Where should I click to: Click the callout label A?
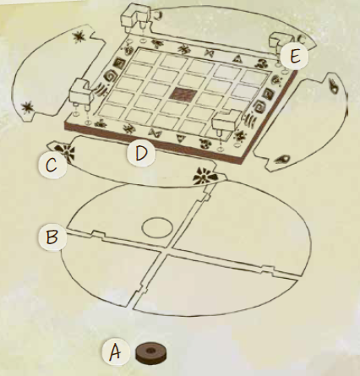[x=116, y=351]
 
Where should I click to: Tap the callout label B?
[x=52, y=237]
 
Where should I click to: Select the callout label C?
[x=52, y=165]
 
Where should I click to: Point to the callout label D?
[x=141, y=153]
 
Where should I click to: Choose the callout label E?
[x=294, y=57]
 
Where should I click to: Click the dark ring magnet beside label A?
[x=151, y=352]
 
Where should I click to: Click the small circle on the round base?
[x=157, y=227]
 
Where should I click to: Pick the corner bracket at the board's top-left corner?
[x=134, y=17]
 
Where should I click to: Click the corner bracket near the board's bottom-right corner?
[x=226, y=122]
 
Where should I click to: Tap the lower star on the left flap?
[x=28, y=107]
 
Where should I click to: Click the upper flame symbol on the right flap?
[x=334, y=86]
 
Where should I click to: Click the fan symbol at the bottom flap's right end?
[x=205, y=175]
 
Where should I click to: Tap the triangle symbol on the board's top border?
[x=238, y=58]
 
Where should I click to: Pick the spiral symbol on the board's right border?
[x=259, y=106]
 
